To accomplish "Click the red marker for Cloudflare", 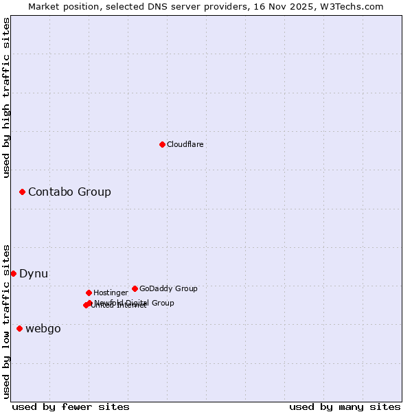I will click(162, 144).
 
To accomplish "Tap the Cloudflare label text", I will click(185, 144).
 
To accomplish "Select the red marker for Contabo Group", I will click(22, 192).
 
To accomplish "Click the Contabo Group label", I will click(69, 192).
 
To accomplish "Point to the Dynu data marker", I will click(13, 273).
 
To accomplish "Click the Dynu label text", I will click(34, 273).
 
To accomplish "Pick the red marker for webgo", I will click(19, 328).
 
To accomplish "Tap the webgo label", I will click(43, 328).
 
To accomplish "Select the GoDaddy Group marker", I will click(135, 288).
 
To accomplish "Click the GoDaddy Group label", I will click(168, 288).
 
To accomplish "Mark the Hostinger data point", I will click(89, 293).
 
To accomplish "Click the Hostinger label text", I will click(111, 293).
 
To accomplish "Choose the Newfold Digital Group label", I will click(135, 303).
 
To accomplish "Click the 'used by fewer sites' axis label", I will click(71, 407).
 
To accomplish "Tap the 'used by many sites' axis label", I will click(345, 407).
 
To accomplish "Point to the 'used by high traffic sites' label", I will click(6, 98).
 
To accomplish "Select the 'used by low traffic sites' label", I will click(6, 321).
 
